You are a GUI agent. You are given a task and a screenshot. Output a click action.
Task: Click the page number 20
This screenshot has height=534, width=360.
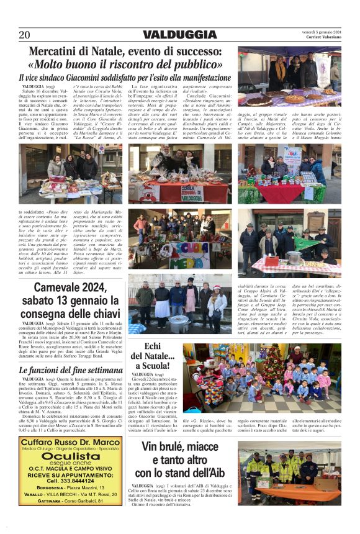(24, 35)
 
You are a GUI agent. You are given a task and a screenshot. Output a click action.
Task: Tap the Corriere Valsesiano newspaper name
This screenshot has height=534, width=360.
(323, 37)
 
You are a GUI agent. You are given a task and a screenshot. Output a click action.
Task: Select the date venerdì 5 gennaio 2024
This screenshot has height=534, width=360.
(323, 32)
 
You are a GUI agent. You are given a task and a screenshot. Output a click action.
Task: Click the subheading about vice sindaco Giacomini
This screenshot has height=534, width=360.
(124, 77)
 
